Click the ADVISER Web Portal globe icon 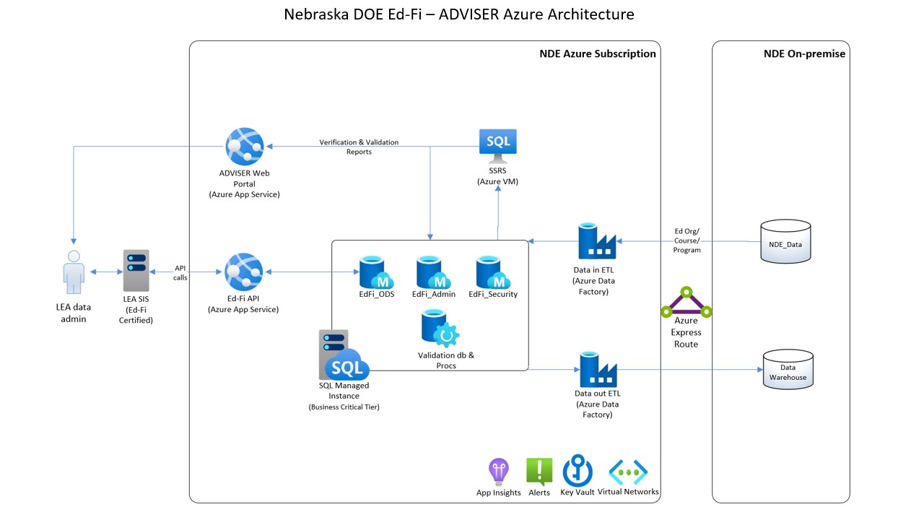tap(245, 147)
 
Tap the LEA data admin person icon tap(74, 272)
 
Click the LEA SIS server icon tap(136, 270)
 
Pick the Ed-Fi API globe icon tap(244, 272)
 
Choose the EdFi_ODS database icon tap(376, 272)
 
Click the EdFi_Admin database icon tap(433, 272)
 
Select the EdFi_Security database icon tap(492, 272)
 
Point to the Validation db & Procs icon tap(440, 329)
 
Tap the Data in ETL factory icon tap(597, 241)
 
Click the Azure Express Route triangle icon tap(687, 303)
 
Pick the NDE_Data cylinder tap(786, 241)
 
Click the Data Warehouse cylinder tap(788, 370)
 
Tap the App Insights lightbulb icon tap(499, 472)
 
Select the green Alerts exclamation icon tap(539, 472)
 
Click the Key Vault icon tap(577, 470)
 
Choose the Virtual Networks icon tap(628, 472)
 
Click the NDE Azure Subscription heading tap(597, 53)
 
